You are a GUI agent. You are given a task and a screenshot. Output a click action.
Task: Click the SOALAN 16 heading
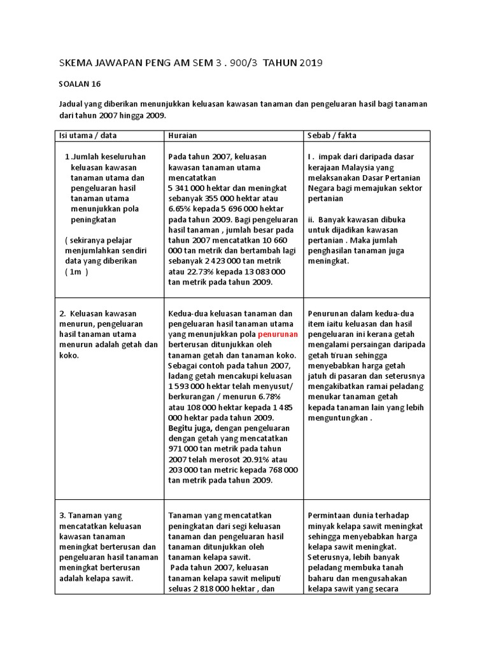(x=80, y=83)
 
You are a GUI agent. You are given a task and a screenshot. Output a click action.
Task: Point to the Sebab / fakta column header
(x=332, y=136)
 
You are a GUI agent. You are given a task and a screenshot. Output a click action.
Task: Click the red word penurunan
(x=278, y=334)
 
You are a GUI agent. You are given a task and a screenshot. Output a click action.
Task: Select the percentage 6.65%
(x=182, y=209)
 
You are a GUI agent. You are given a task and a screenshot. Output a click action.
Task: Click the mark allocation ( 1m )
(x=76, y=272)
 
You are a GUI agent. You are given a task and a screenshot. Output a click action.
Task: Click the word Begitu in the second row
(x=182, y=418)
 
